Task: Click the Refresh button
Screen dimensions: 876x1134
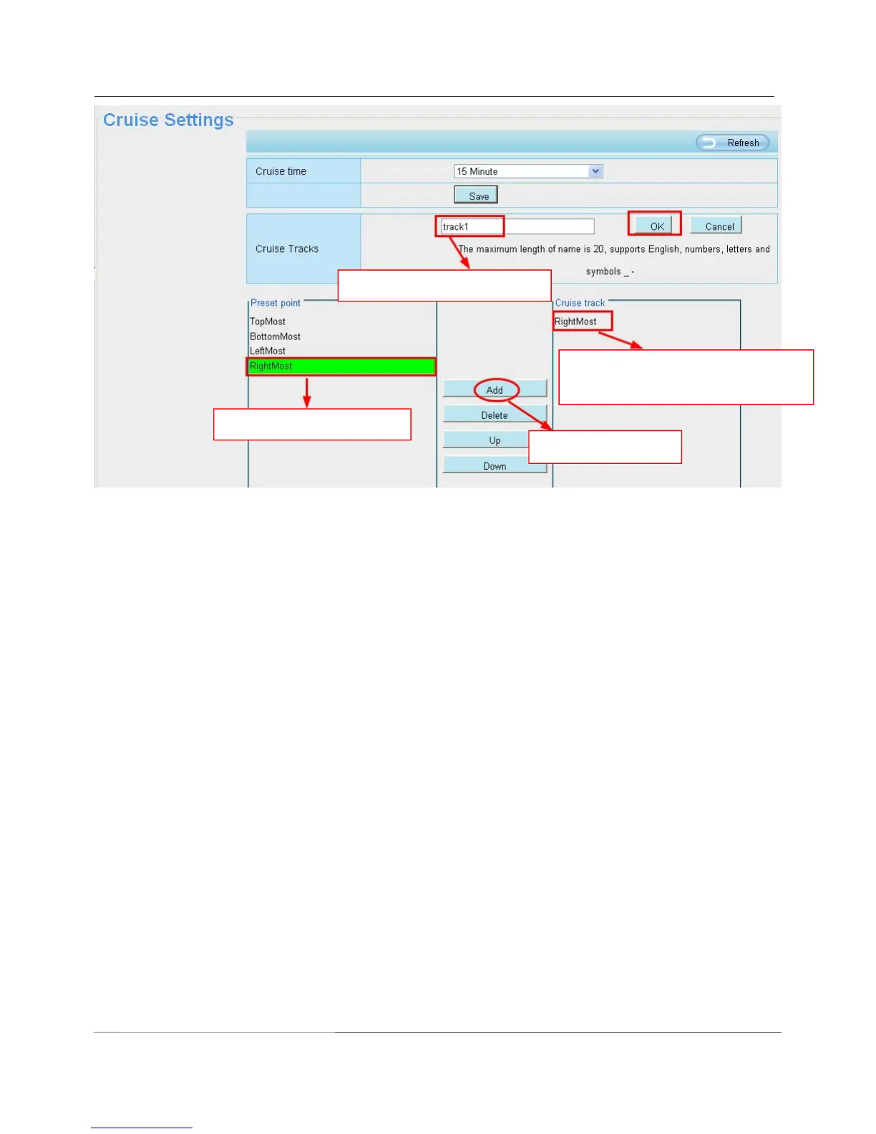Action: pyautogui.click(x=733, y=142)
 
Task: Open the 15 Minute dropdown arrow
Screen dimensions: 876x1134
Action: pyautogui.click(x=595, y=171)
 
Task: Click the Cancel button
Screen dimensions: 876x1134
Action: pyautogui.click(x=716, y=226)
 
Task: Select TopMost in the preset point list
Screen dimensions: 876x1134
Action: pyautogui.click(x=268, y=321)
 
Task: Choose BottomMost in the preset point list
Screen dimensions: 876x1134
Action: pyautogui.click(x=275, y=336)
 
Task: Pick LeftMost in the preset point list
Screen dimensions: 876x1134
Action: pyautogui.click(x=268, y=351)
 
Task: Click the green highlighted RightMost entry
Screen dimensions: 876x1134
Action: pyautogui.click(x=341, y=367)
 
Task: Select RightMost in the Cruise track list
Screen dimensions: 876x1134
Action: pyautogui.click(x=575, y=321)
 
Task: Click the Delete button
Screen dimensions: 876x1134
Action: pyautogui.click(x=494, y=415)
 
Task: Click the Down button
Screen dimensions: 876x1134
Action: pyautogui.click(x=494, y=466)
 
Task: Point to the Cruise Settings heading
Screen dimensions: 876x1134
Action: pyautogui.click(x=168, y=120)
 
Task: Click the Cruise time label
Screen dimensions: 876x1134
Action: pyautogui.click(x=281, y=171)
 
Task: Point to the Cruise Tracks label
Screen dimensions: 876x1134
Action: pyautogui.click(x=287, y=248)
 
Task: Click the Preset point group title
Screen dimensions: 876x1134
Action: pyautogui.click(x=276, y=303)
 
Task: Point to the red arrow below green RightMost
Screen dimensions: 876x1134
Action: pyautogui.click(x=307, y=393)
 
